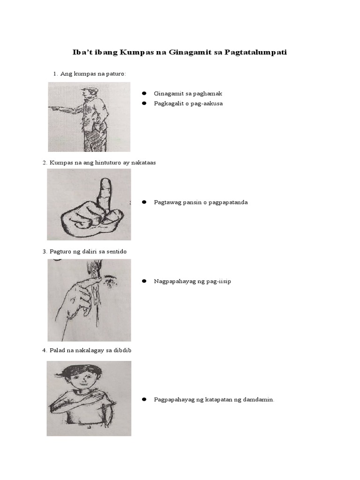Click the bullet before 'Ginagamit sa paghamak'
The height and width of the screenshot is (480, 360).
pos(145,94)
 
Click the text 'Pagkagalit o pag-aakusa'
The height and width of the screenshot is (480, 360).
pos(188,103)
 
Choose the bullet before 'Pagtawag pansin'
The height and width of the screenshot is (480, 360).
pos(145,202)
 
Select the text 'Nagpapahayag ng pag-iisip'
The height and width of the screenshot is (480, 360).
pos(193,281)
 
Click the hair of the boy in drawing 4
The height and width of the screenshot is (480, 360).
pos(80,370)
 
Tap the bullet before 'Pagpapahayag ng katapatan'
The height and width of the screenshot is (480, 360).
pos(145,399)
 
